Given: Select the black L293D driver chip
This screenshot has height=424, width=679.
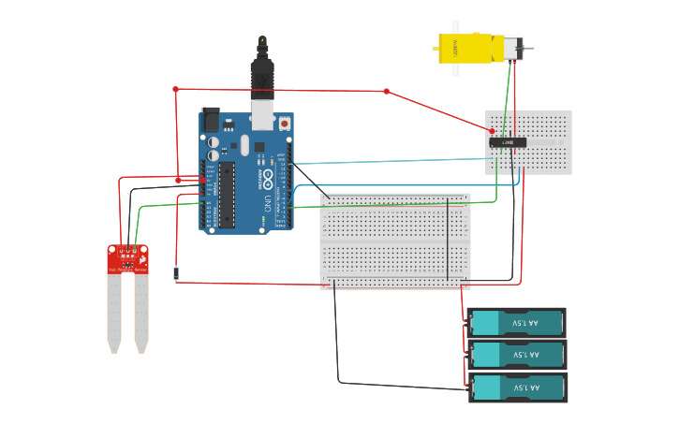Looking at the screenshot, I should pos(508,142).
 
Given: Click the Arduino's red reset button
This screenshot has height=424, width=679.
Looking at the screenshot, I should pos(284,123).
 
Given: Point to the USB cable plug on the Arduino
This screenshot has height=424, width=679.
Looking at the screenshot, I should pos(262,80).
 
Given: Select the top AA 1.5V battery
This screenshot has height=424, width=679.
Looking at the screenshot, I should pos(517,323).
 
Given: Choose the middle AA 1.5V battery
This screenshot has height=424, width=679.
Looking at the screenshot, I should pos(517,355).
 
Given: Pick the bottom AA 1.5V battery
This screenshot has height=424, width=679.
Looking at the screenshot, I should pos(517,387).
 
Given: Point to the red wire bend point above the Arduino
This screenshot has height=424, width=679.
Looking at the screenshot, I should pos(386,91).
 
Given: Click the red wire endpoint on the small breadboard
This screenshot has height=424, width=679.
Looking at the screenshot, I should pos(492,131).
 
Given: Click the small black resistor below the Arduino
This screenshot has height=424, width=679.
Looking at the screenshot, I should pos(175,273).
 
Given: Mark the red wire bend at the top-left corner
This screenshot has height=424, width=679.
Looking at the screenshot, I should pos(175,89).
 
